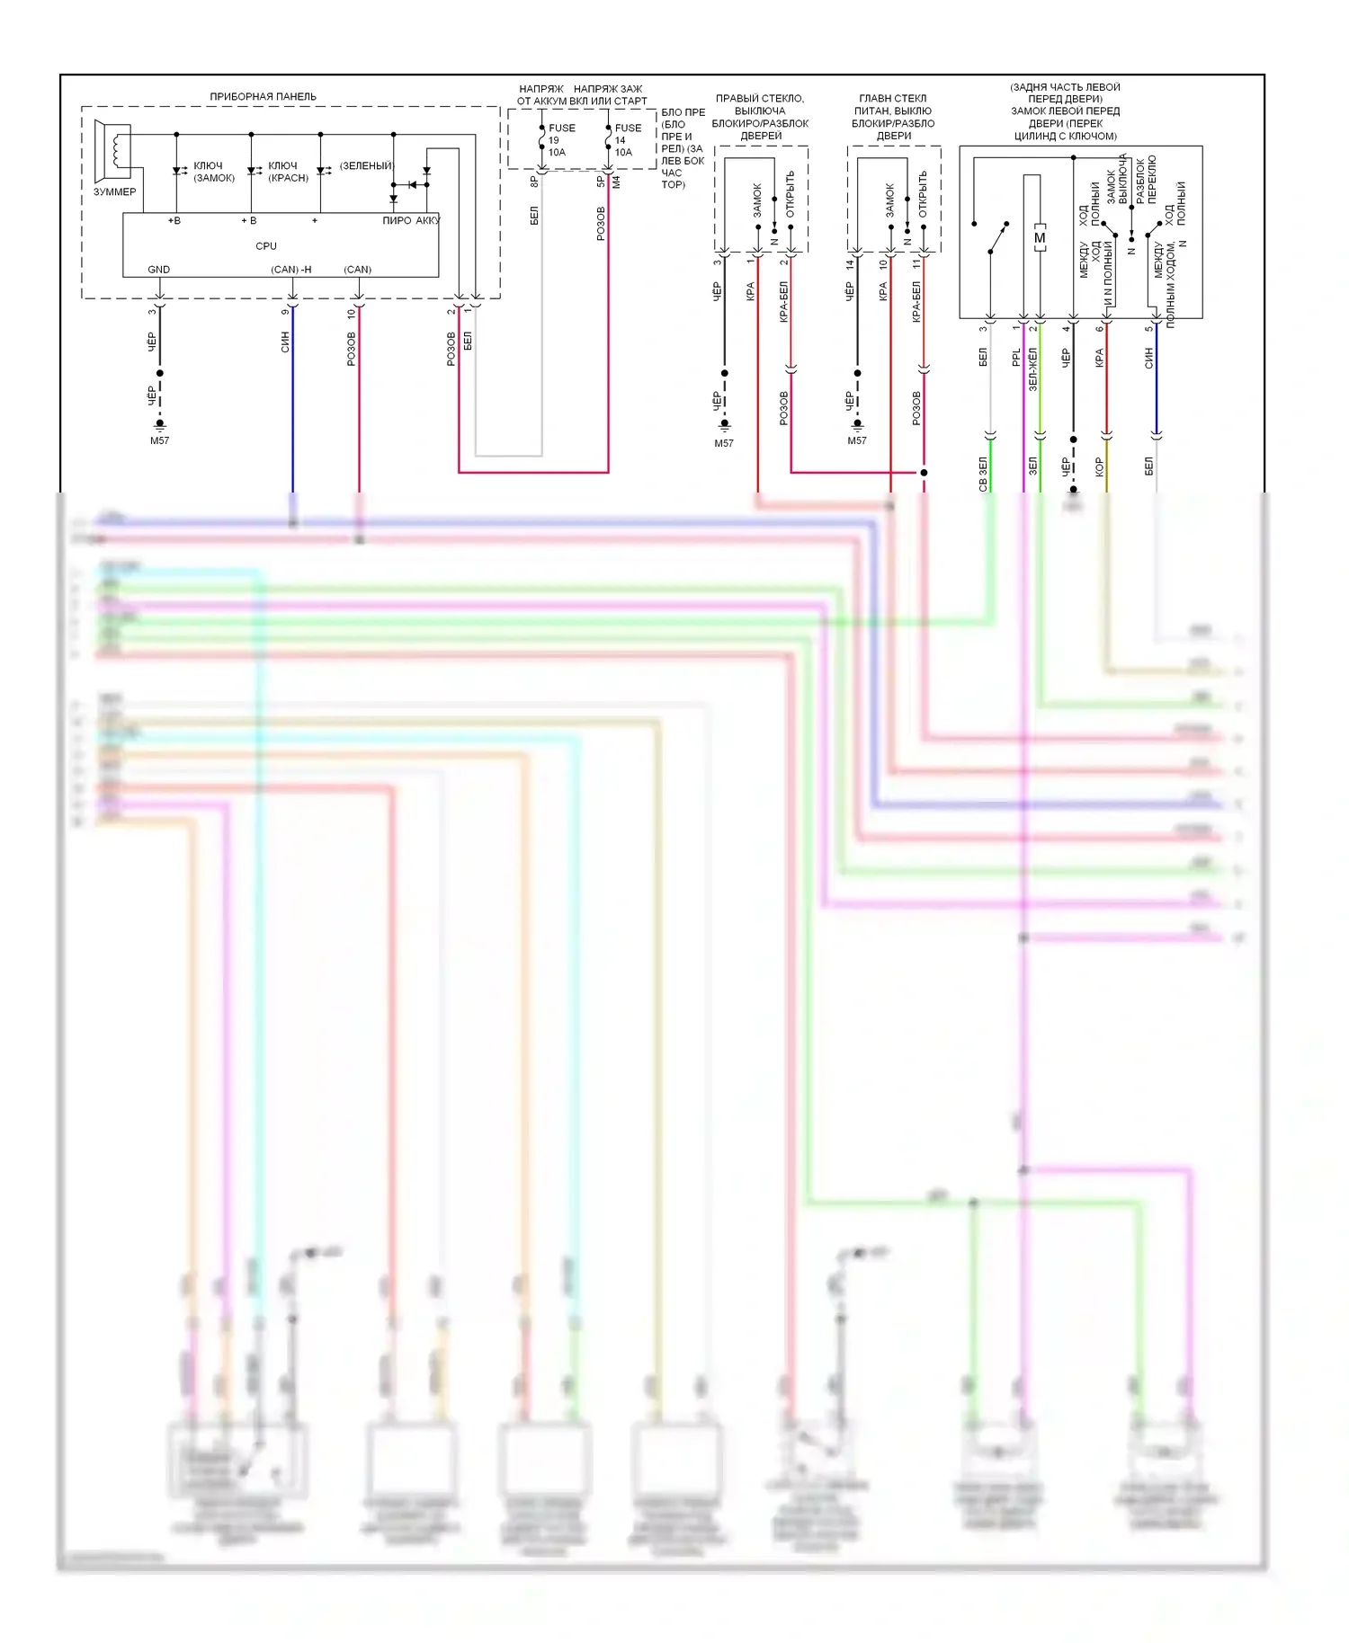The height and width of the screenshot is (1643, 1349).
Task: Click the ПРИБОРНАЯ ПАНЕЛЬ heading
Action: pyautogui.click(x=263, y=96)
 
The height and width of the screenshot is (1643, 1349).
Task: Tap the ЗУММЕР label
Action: pyautogui.click(x=114, y=191)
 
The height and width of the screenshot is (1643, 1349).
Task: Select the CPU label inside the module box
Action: pyautogui.click(x=266, y=245)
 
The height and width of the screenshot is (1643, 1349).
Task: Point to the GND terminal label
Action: pyautogui.click(x=158, y=270)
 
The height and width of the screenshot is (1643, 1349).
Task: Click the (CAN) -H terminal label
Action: pyautogui.click(x=291, y=270)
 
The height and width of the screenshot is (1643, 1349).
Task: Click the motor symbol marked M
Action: pyautogui.click(x=1040, y=238)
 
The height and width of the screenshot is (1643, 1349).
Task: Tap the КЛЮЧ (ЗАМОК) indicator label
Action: pyautogui.click(x=213, y=172)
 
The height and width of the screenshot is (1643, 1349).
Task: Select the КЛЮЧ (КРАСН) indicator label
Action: pyautogui.click(x=288, y=172)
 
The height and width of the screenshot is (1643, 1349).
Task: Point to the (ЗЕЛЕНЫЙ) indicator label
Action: pyautogui.click(x=366, y=165)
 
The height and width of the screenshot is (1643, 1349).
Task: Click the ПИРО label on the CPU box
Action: pyautogui.click(x=397, y=220)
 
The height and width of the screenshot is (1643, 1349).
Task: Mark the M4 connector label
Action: pyautogui.click(x=617, y=182)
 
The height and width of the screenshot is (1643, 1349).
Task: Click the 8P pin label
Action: pyautogui.click(x=534, y=182)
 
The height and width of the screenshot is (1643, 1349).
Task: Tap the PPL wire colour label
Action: pyautogui.click(x=1016, y=358)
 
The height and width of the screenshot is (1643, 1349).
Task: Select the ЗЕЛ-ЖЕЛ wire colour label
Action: pyautogui.click(x=1032, y=369)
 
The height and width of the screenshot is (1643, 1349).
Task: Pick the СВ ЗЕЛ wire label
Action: pyautogui.click(x=983, y=474)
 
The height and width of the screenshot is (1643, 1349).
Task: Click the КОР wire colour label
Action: pyautogui.click(x=1099, y=466)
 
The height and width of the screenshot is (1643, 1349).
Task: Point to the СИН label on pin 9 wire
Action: pyautogui.click(x=285, y=342)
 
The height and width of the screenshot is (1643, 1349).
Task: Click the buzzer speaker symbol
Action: pyautogui.click(x=112, y=152)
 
